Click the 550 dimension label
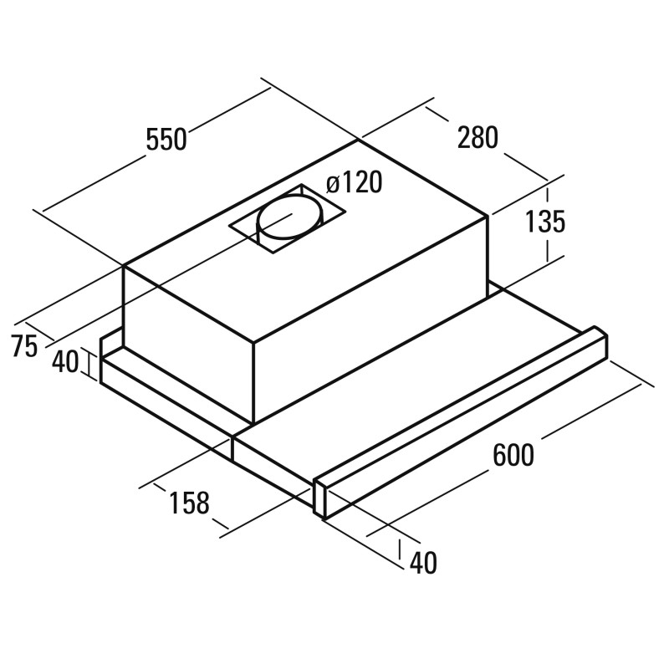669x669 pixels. coord(166,139)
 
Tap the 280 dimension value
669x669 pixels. coord(477,137)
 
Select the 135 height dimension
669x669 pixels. coord(545,222)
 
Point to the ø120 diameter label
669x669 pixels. coord(354,182)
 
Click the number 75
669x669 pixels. coord(25,345)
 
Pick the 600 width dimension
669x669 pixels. coord(513,455)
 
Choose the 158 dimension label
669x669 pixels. coord(190,503)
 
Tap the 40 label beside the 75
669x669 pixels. coord(65,362)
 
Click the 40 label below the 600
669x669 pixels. coord(423,563)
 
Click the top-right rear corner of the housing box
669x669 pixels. coord(488,217)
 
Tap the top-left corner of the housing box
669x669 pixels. coord(123,265)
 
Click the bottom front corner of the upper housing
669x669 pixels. coord(254,422)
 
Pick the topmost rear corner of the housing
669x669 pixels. coord(358,139)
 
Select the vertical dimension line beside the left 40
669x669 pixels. coord(90,364)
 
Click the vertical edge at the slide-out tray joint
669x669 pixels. coord(233,448)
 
